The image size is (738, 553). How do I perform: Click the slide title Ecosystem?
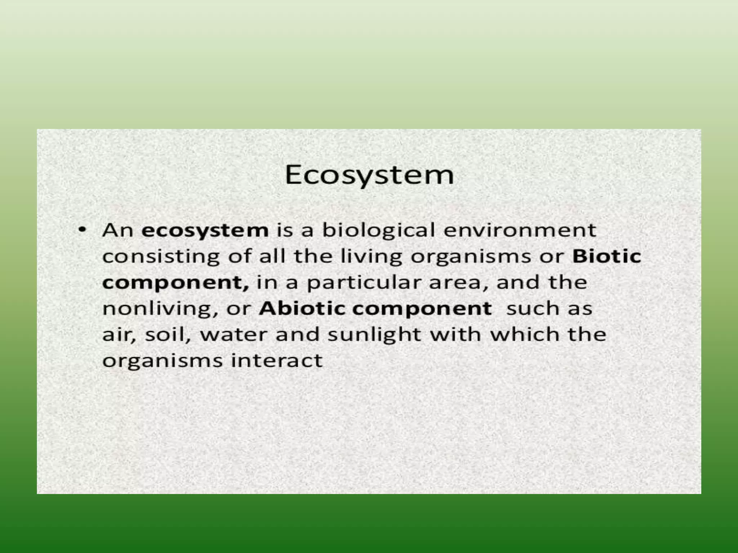(369, 176)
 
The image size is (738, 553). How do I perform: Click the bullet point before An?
(83, 229)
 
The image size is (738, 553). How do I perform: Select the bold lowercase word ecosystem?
(205, 230)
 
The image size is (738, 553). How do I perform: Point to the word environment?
(520, 230)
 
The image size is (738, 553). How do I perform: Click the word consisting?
(161, 256)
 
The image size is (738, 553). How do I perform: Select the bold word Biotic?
(607, 256)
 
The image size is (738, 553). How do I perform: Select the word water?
(234, 335)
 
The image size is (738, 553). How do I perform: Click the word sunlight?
(374, 335)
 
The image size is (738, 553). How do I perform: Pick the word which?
(525, 334)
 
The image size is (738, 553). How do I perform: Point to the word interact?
(276, 361)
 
